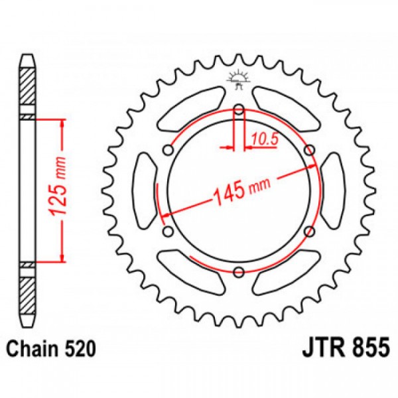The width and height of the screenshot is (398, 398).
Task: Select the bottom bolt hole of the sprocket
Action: tap(239, 270)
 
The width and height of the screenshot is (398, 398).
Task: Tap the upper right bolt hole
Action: tap(309, 151)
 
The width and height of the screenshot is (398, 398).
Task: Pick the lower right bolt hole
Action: tap(309, 231)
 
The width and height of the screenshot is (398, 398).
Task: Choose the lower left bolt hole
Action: tap(168, 231)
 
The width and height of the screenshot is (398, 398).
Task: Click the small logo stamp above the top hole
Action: tap(239, 79)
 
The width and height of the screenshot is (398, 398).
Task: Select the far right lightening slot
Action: tap(333, 190)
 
